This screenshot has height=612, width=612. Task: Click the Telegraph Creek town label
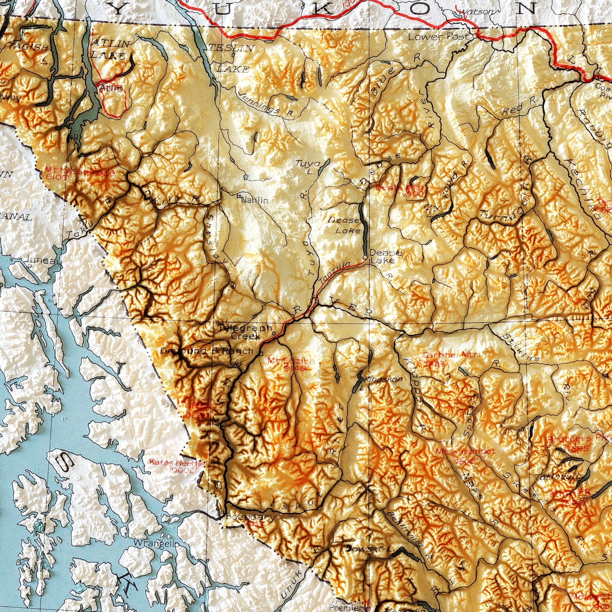pyautogui.click(x=245, y=332)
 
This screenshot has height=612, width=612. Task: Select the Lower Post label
pyautogui.click(x=438, y=36)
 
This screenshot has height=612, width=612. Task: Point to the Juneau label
pyautogui.click(x=40, y=260)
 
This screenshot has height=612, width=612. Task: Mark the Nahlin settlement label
pyautogui.click(x=254, y=199)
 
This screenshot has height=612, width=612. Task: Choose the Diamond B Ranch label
pyautogui.click(x=207, y=351)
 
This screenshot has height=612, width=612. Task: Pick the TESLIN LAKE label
pyautogui.click(x=232, y=58)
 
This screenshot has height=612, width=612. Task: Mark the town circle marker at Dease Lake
pyautogui.click(x=365, y=257)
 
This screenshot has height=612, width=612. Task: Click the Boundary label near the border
pyautogui.click(x=250, y=517)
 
